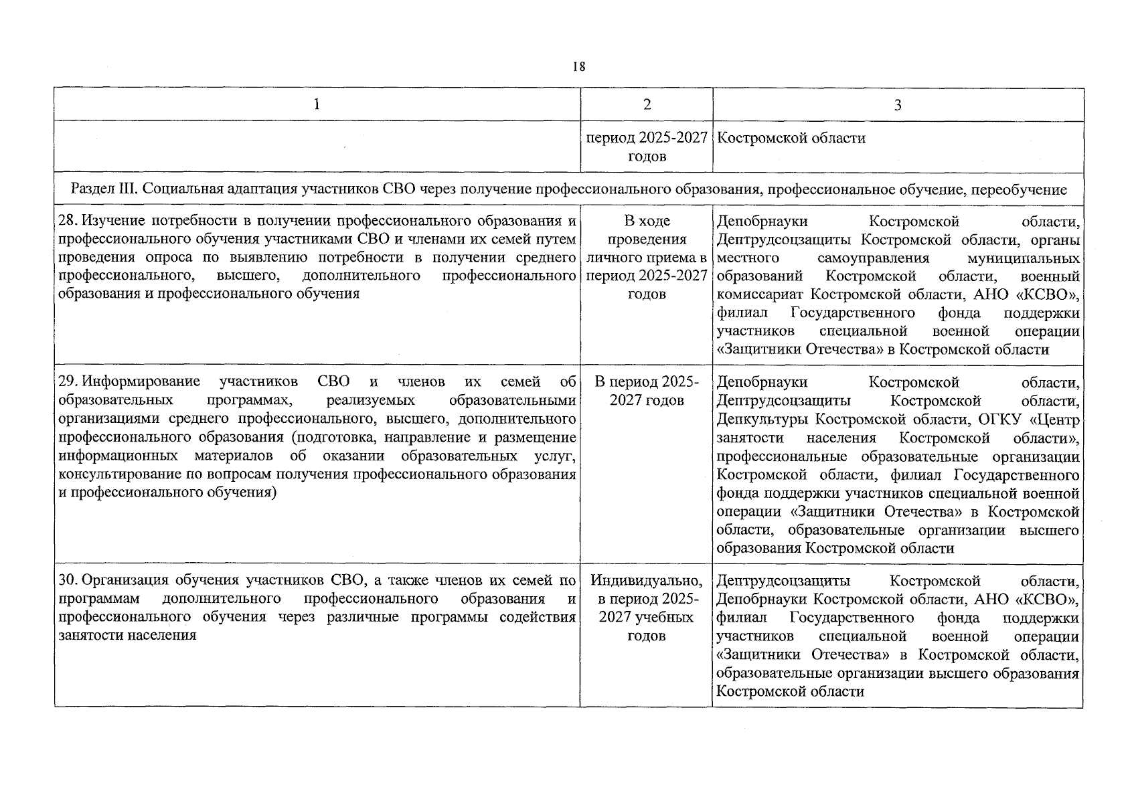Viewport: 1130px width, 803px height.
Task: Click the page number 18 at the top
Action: [579, 66]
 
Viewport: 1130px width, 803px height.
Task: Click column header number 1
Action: [317, 104]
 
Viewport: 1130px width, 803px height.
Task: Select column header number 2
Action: [646, 104]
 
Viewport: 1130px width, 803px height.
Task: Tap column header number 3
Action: [898, 105]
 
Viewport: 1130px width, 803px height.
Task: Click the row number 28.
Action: [67, 221]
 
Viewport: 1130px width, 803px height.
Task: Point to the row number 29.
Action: [67, 382]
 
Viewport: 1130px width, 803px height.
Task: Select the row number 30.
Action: [67, 580]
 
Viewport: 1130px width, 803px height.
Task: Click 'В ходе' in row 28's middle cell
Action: [647, 221]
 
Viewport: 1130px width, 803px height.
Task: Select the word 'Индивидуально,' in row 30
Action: [647, 580]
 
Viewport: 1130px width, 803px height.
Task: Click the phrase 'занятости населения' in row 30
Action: [127, 635]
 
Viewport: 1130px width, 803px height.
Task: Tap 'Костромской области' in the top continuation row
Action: [791, 139]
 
